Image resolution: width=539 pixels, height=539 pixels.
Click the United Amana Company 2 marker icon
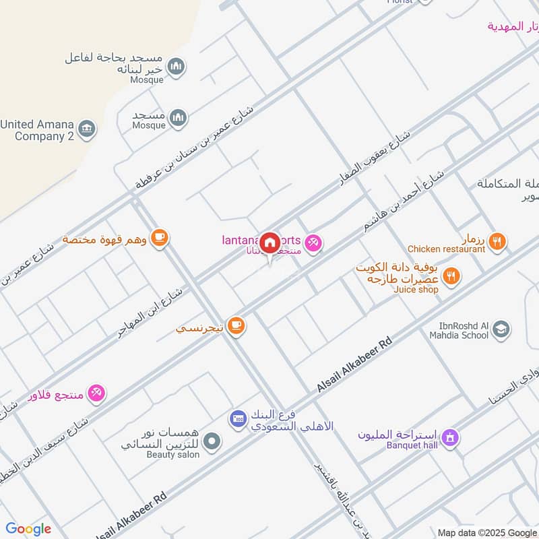click(87, 128)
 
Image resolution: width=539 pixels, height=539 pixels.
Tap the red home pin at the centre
click(269, 243)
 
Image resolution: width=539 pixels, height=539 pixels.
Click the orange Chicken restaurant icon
click(497, 241)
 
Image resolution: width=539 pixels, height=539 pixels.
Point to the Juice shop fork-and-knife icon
click(452, 276)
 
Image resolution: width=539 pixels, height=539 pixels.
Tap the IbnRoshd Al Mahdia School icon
click(501, 329)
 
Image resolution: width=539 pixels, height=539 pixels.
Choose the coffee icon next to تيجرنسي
click(235, 326)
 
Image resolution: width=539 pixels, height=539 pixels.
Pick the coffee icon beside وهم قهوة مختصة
click(159, 238)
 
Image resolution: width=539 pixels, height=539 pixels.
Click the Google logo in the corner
click(28, 529)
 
